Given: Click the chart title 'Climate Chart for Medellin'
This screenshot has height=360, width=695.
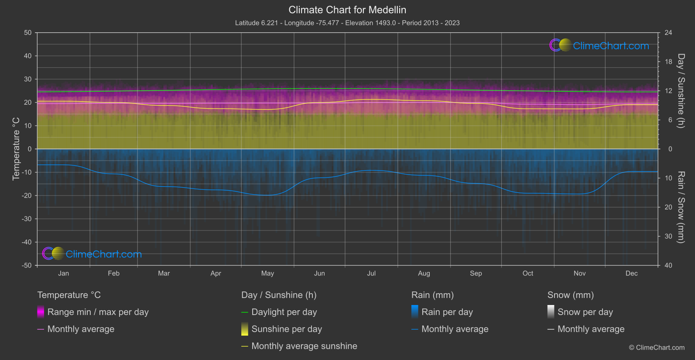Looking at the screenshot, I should point(347,10).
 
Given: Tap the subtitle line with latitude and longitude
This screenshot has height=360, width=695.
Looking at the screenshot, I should point(347,23).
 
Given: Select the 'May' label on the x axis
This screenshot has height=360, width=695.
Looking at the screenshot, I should point(267,273).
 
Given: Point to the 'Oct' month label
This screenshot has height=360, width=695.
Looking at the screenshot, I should point(528,273).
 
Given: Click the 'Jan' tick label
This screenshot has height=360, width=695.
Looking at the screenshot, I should point(64,273).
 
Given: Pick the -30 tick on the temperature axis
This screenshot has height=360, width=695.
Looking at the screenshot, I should point(26,219).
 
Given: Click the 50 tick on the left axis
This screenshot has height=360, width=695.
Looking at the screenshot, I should point(28,33).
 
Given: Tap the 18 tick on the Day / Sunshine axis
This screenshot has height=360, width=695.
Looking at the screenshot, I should point(668,62).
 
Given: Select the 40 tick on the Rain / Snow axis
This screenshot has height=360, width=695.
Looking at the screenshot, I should point(668,265).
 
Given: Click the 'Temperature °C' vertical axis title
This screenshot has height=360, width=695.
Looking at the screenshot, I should point(16,149).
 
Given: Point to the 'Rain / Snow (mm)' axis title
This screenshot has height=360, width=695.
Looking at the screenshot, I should point(681,207).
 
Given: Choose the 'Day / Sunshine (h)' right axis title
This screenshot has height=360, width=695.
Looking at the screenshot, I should point(681,91).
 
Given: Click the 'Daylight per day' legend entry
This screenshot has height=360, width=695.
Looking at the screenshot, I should point(284,312).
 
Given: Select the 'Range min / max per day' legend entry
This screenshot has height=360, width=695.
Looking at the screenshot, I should point(98,312).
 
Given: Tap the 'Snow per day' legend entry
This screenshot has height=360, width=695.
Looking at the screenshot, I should point(585,312).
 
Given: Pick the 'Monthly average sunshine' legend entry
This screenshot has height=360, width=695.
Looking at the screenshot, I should point(304,346).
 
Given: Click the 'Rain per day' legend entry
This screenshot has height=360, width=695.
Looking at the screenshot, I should point(447,312).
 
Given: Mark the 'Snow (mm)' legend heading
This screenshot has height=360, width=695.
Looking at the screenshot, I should point(570,295).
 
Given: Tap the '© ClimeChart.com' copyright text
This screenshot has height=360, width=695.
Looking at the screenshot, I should point(657,347).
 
